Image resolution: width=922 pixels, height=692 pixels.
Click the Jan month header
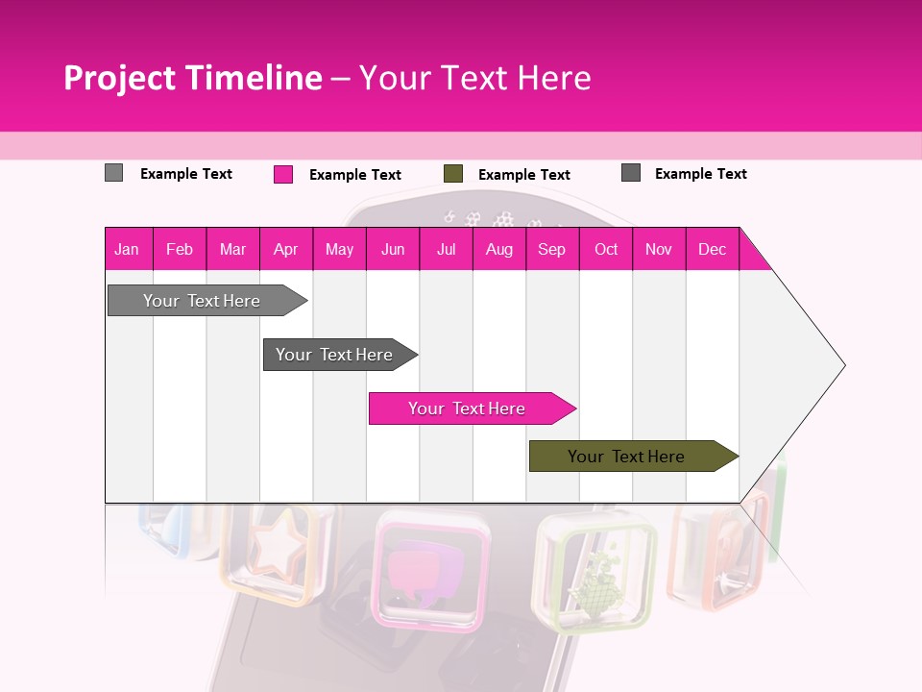127,250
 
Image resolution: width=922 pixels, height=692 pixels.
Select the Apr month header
285,250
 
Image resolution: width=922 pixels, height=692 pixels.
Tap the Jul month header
446,250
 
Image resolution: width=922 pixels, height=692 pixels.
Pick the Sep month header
551,250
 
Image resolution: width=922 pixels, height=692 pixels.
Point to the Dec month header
712,250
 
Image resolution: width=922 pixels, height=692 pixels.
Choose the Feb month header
180,250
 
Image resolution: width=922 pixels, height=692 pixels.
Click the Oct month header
606,250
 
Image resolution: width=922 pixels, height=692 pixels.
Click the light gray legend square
114,173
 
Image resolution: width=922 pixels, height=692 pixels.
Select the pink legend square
283,174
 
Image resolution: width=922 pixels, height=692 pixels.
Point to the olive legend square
453,174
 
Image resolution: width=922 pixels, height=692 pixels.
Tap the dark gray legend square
631,173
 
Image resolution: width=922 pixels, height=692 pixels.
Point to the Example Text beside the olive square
524,175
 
